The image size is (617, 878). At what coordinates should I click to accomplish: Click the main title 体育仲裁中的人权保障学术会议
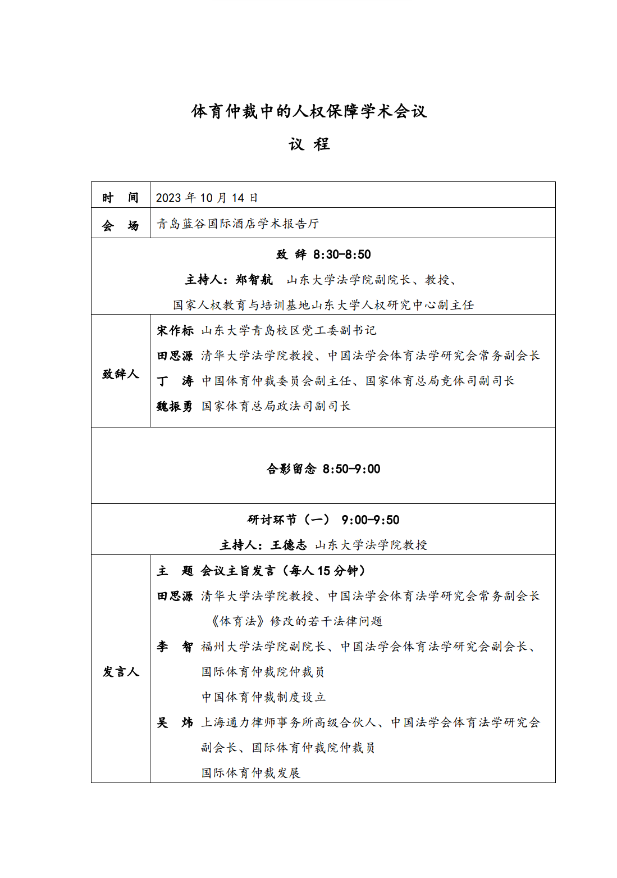coord(309,111)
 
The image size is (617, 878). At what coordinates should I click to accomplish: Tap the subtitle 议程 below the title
coord(309,144)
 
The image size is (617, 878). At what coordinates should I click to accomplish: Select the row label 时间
coord(120,198)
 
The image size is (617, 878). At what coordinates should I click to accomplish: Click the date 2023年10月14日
coord(207,198)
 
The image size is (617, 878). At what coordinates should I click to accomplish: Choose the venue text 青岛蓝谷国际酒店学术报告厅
coord(237,224)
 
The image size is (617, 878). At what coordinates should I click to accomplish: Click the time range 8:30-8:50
coord(342,254)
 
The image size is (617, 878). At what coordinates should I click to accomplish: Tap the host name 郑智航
coord(254,280)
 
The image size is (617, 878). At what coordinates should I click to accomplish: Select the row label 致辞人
coord(120,374)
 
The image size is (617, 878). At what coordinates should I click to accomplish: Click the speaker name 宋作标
coord(175,330)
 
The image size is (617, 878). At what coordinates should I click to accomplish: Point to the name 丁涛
coord(175,381)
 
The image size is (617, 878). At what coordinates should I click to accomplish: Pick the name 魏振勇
coord(175,406)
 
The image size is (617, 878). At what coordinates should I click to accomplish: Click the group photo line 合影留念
coord(291,469)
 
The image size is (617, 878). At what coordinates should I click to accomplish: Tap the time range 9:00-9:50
coord(371,520)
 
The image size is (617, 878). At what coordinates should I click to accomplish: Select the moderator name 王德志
coord(289,545)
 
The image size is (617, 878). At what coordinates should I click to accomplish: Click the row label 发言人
coord(120,672)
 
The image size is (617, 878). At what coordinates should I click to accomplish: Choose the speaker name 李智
coord(175,647)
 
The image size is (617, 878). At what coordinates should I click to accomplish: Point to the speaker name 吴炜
coord(175,722)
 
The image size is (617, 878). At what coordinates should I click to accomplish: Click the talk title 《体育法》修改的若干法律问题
coord(296,621)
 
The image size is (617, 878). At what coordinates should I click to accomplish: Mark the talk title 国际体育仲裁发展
coord(251,773)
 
